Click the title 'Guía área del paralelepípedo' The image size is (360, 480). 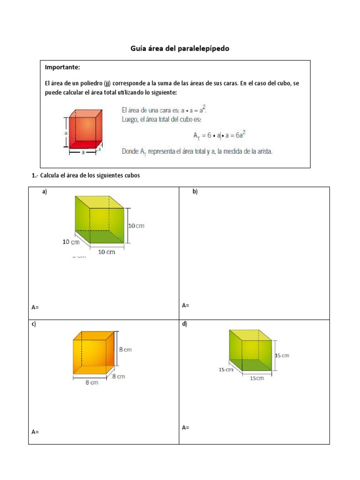coord(180,48)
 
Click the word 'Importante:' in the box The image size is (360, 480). coord(63,67)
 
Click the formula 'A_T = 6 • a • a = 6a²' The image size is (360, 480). coord(220,135)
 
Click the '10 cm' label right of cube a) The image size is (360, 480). coord(136,225)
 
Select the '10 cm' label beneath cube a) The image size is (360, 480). coord(106,252)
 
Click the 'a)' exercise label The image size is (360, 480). coord(45,192)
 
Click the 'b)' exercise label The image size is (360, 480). coord(195,192)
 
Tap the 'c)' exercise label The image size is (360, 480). coord(34,324)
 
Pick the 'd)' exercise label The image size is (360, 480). coord(185,324)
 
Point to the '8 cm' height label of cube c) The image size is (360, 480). coord(125,349)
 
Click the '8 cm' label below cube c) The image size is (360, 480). coord(91,382)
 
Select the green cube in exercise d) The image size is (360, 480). coord(250,351)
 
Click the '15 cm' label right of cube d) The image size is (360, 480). coord(282,355)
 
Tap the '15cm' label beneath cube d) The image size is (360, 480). coord(257,378)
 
